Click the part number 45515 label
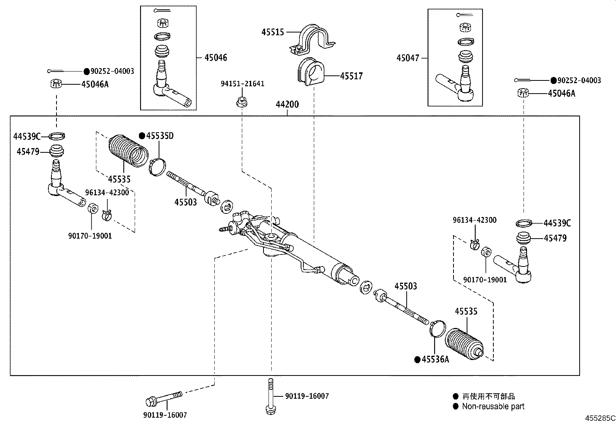[272, 32]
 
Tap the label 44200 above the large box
[287, 104]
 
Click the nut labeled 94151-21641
[241, 102]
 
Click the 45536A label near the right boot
[435, 359]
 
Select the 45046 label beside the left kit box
[216, 58]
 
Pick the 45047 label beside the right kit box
[407, 58]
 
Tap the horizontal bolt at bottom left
[164, 398]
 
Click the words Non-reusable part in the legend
[493, 406]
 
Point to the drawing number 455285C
[600, 418]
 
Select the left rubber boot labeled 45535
[128, 151]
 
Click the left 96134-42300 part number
[107, 193]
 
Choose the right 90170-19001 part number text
[486, 280]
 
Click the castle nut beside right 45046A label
[523, 93]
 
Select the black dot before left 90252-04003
[87, 71]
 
